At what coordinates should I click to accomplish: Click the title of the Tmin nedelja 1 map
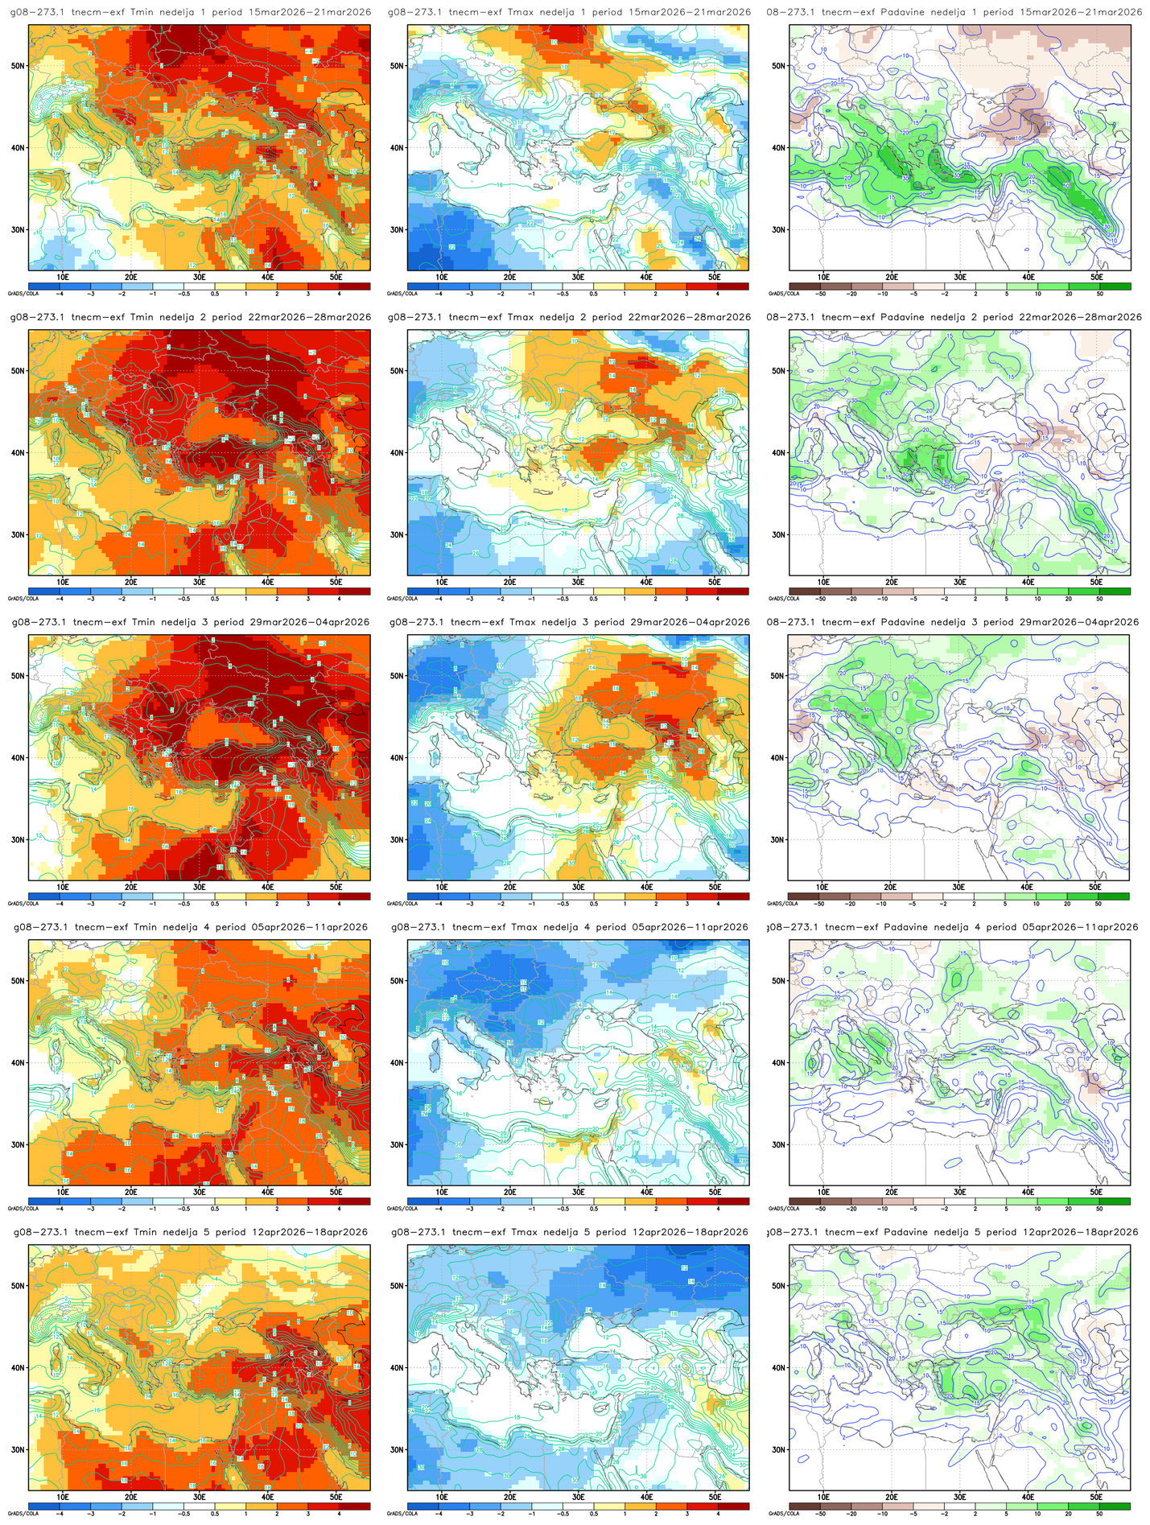191,12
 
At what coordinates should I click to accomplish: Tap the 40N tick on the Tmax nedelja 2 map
398,452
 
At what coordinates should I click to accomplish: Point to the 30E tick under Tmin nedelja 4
200,1192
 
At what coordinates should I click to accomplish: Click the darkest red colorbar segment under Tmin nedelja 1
354,286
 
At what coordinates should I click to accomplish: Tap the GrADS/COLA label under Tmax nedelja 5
397,1514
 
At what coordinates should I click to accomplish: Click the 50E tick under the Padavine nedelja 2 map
1096,582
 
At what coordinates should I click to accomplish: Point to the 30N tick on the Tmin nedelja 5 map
19,1449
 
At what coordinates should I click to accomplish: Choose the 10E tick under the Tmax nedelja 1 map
442,277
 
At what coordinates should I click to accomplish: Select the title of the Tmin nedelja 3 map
191,622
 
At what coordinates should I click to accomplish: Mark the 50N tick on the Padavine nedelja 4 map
778,981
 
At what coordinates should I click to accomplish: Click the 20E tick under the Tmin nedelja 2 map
131,582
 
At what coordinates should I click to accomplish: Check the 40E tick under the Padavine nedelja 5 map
1028,1497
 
